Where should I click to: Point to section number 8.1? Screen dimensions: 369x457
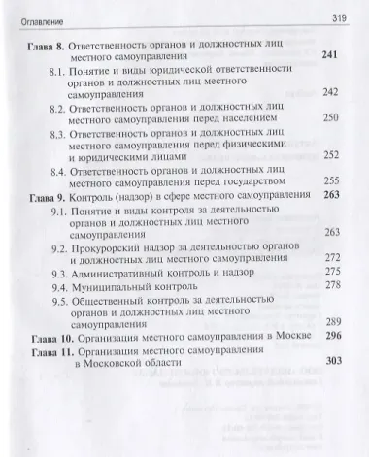(60, 72)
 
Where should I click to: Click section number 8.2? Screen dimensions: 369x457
(60, 112)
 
